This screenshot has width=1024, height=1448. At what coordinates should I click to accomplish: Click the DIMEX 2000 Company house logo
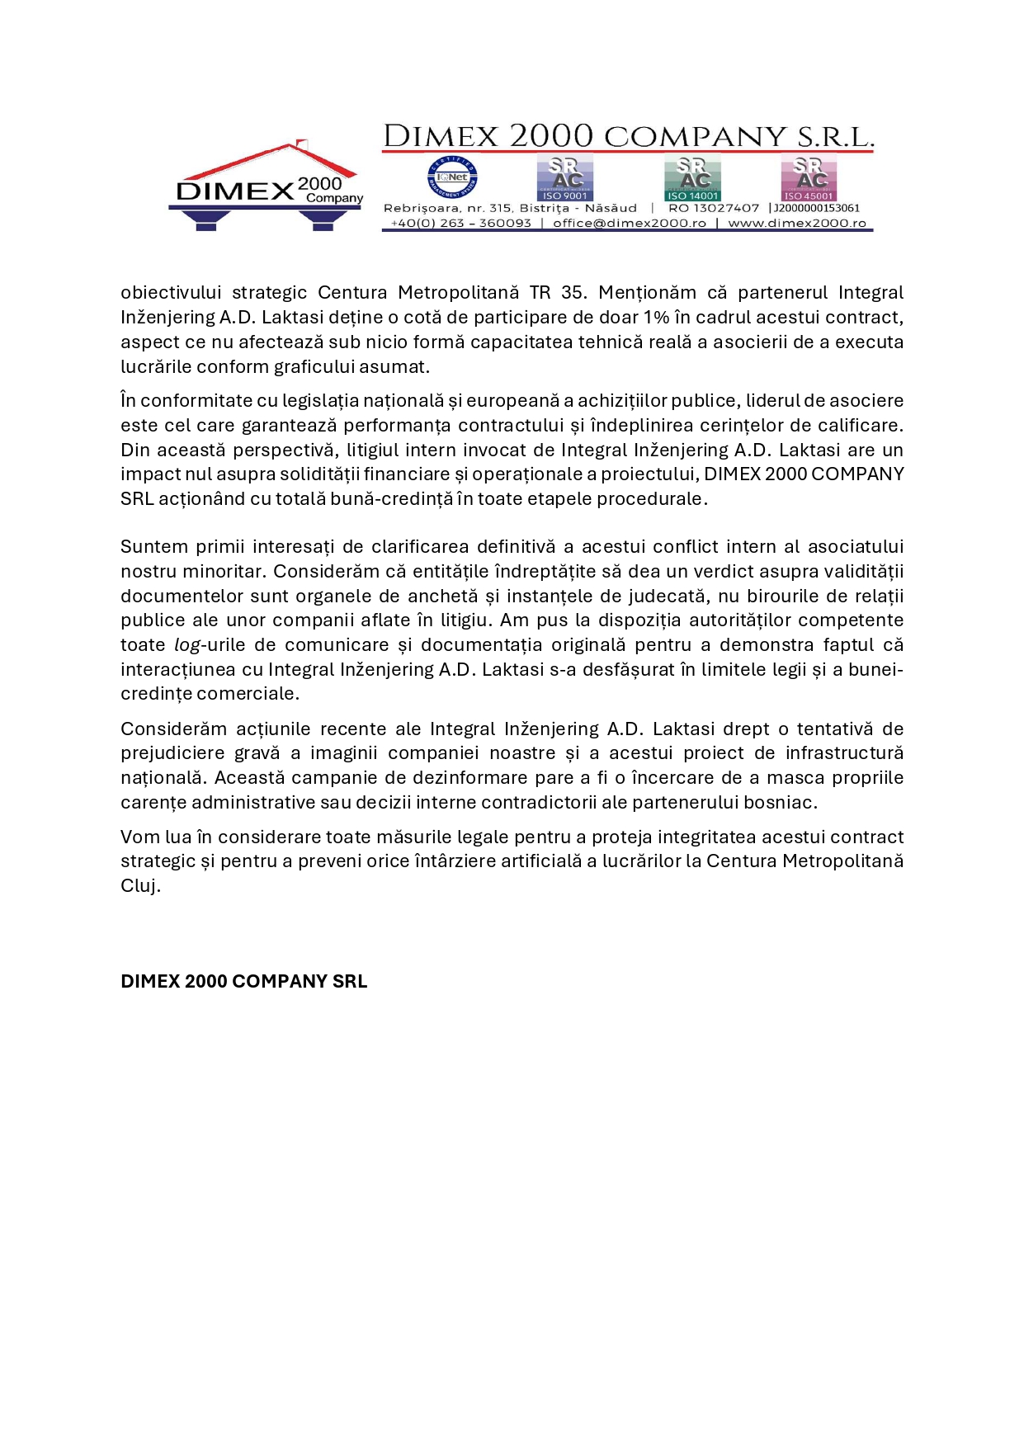(x=266, y=186)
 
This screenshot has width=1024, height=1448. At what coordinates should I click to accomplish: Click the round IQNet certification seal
(x=452, y=177)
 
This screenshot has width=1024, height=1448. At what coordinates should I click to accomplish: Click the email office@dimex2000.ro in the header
(x=629, y=224)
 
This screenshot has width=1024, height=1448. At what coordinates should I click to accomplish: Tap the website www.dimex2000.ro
(x=796, y=224)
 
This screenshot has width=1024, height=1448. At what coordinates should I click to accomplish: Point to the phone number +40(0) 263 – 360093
(x=460, y=224)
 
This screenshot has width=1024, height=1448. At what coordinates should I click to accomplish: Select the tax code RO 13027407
(x=713, y=209)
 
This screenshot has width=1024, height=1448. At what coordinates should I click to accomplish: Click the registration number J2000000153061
(x=816, y=209)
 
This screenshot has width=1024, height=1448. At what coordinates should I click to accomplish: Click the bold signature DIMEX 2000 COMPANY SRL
(x=243, y=982)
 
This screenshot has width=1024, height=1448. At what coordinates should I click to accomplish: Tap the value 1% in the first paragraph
(x=656, y=318)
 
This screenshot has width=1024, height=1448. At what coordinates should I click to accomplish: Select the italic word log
(x=186, y=645)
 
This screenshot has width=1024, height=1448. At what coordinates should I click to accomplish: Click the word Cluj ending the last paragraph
(x=139, y=886)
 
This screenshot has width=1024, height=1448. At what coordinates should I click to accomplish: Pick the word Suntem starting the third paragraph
(x=153, y=547)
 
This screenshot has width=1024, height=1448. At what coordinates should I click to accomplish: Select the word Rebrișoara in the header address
(x=418, y=209)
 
